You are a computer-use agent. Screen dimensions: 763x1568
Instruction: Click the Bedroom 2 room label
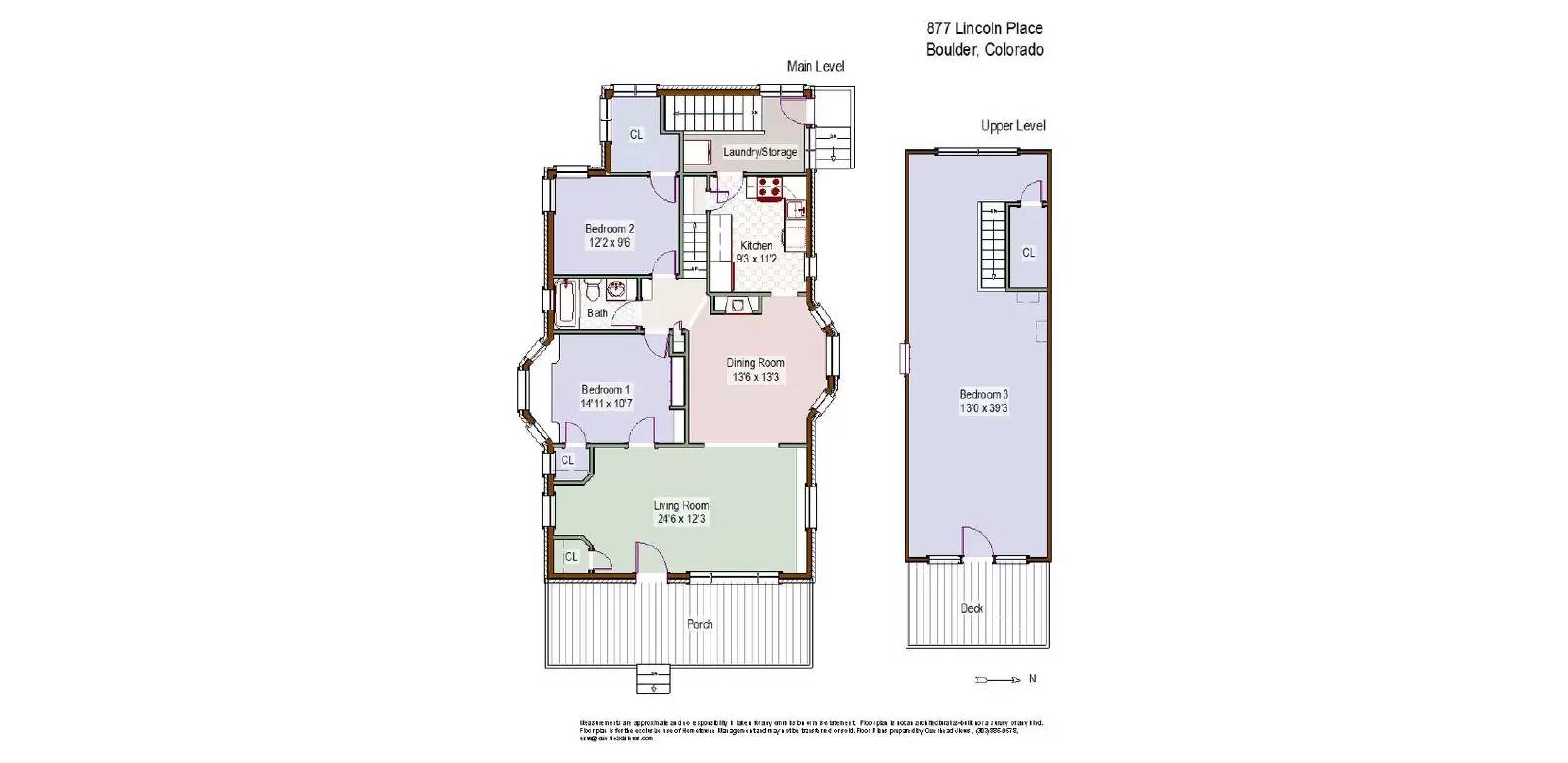tap(610, 235)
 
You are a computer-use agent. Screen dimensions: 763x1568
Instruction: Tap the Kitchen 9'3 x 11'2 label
tap(757, 252)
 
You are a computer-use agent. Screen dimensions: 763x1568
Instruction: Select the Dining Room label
tap(756, 369)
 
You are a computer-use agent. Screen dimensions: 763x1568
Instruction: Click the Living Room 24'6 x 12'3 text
tap(681, 512)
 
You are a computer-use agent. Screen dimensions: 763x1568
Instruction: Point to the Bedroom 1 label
tap(607, 396)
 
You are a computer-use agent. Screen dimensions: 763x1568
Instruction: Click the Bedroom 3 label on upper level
tap(984, 401)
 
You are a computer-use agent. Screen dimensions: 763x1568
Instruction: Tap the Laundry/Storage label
tap(759, 152)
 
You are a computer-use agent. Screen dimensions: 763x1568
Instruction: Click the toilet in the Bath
tap(592, 291)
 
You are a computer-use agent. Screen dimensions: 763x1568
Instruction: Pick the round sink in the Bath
tap(617, 290)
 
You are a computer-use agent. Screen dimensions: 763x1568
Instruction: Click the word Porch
tap(700, 624)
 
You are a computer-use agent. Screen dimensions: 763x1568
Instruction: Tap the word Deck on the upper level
tap(972, 608)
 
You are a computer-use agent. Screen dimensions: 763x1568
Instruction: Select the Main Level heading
tap(814, 66)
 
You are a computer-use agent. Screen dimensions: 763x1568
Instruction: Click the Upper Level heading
tap(1012, 126)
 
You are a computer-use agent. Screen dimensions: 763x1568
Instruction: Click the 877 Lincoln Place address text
tap(984, 29)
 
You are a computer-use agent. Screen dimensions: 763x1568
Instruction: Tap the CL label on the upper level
tap(1028, 253)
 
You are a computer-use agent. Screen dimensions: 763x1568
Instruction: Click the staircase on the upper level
tap(993, 245)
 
